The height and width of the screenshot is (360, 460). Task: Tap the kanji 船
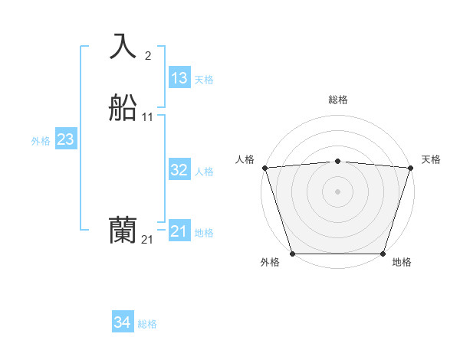coord(123,108)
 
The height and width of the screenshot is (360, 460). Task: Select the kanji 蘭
coord(123,231)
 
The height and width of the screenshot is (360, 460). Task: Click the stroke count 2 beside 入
coord(147,55)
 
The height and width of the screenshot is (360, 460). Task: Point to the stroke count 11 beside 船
coord(148,117)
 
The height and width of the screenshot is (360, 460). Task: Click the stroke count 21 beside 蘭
coord(147,240)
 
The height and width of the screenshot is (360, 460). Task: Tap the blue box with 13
coord(179,78)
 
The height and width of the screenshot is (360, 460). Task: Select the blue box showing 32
coord(179,170)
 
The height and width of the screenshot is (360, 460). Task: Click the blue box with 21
coord(179,231)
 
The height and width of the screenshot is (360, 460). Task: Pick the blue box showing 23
coord(65,139)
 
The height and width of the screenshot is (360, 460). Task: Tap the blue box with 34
coord(122,323)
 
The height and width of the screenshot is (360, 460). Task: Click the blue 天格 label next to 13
coord(204,80)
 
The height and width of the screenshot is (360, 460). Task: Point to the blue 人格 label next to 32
coord(204,172)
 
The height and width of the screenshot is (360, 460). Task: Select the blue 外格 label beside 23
coord(41,141)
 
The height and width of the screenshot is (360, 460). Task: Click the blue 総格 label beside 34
coord(147,325)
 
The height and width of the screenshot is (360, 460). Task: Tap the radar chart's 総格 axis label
coord(337,100)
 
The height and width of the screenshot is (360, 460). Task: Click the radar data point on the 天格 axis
coord(410,168)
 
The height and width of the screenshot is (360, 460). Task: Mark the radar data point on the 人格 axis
coord(264,168)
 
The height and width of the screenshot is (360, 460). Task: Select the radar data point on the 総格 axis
coord(337,161)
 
